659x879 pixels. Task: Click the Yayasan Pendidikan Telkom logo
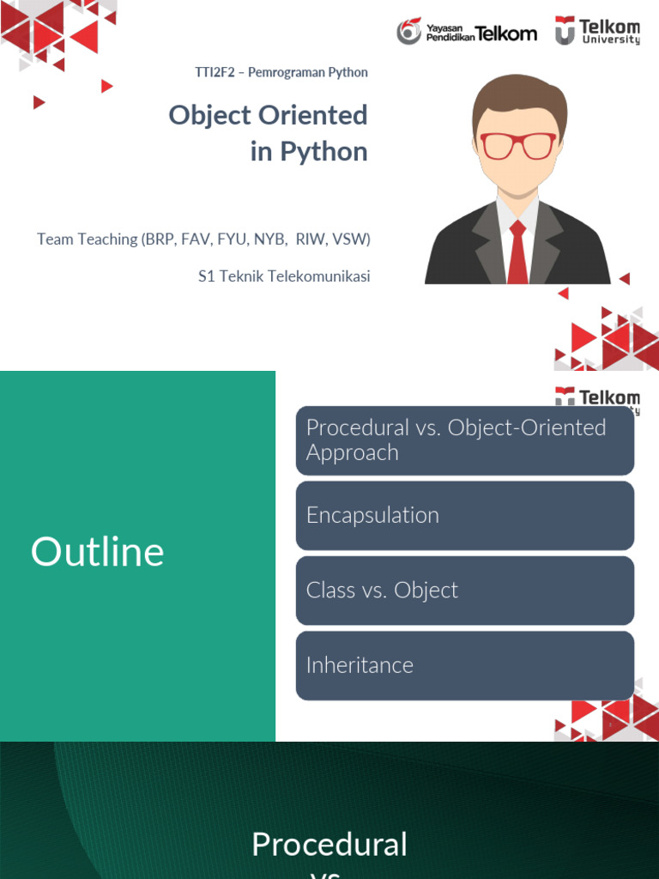[467, 32]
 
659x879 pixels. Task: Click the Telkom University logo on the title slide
[597, 30]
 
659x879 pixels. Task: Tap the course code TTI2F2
[215, 72]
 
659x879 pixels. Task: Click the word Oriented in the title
[312, 115]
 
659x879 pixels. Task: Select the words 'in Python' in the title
[309, 151]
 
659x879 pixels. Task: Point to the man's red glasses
[518, 146]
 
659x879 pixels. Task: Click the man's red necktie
[517, 252]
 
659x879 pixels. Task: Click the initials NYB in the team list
[269, 239]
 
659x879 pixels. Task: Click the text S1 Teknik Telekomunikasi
[284, 276]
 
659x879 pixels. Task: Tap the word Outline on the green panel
[98, 552]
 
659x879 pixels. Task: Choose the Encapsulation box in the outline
[465, 516]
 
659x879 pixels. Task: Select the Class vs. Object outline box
[465, 591]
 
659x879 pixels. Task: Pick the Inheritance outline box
[465, 666]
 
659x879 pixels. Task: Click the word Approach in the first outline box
[353, 453]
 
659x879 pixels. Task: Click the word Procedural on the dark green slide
[329, 845]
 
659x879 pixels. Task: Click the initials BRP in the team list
[160, 239]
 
